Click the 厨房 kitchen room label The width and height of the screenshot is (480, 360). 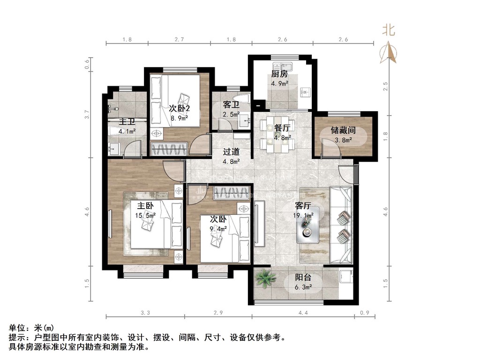click(279, 74)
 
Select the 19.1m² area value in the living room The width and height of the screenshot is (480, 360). click(303, 216)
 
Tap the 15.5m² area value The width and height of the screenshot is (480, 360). click(145, 216)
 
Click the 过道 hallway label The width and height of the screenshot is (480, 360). click(231, 152)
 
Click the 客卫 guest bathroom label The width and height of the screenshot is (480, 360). click(231, 104)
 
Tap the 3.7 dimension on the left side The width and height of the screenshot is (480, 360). click(87, 113)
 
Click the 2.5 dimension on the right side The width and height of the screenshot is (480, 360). click(385, 87)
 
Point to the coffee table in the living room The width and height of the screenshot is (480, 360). click(309, 225)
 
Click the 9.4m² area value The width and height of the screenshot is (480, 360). click(218, 229)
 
